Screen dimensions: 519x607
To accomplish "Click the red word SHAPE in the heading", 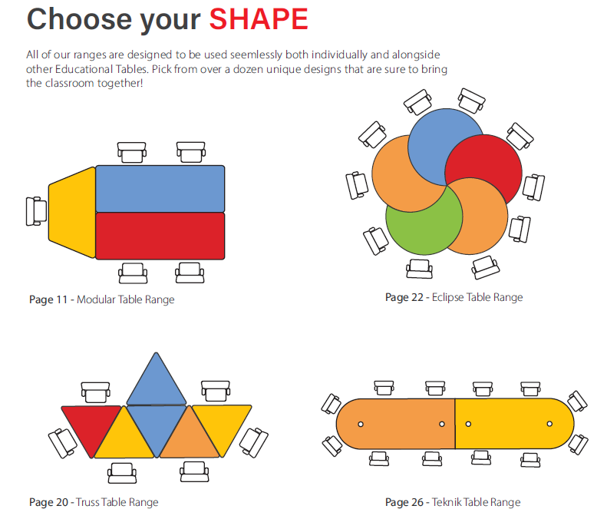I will point(259,19).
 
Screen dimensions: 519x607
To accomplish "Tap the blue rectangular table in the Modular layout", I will point(160,188).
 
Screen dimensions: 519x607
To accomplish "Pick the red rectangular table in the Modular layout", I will point(160,236).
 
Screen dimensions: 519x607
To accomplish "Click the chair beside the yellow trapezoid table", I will point(35,211).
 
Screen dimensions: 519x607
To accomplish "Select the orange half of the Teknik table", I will point(396,423).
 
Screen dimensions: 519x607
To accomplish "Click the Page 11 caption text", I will point(102,299).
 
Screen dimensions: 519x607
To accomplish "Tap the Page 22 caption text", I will point(454,297).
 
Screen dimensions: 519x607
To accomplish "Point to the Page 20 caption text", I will point(94,502).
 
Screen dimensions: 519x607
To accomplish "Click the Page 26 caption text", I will point(453,502).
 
